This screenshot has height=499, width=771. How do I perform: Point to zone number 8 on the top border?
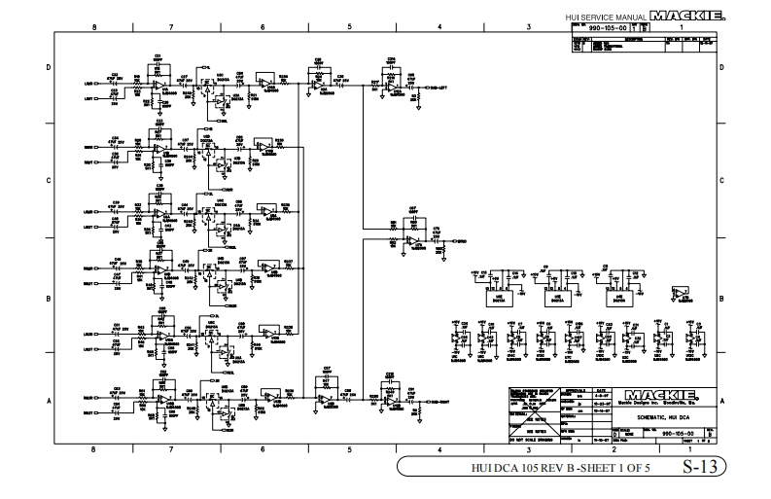coord(93,27)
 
